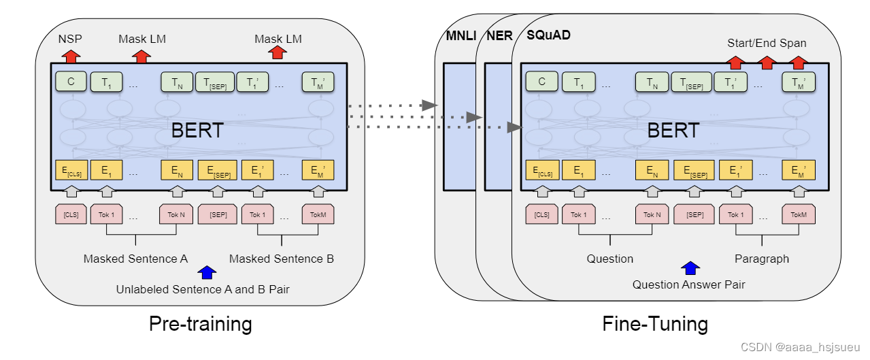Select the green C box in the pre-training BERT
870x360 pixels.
point(71,82)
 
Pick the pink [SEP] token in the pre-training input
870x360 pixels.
point(218,215)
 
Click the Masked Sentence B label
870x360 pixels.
point(282,259)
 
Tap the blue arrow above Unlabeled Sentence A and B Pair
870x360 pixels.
point(205,273)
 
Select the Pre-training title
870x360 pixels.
point(200,324)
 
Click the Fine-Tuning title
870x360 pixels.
point(655,324)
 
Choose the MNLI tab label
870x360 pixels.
point(459,35)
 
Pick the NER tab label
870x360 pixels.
point(499,35)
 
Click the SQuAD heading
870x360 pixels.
point(548,35)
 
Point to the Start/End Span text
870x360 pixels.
point(767,43)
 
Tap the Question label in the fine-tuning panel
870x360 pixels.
point(610,259)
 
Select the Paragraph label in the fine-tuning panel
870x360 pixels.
point(762,259)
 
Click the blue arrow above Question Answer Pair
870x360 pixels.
point(690,268)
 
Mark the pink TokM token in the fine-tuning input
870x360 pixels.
point(799,215)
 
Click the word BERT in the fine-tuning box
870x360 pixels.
point(673,131)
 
